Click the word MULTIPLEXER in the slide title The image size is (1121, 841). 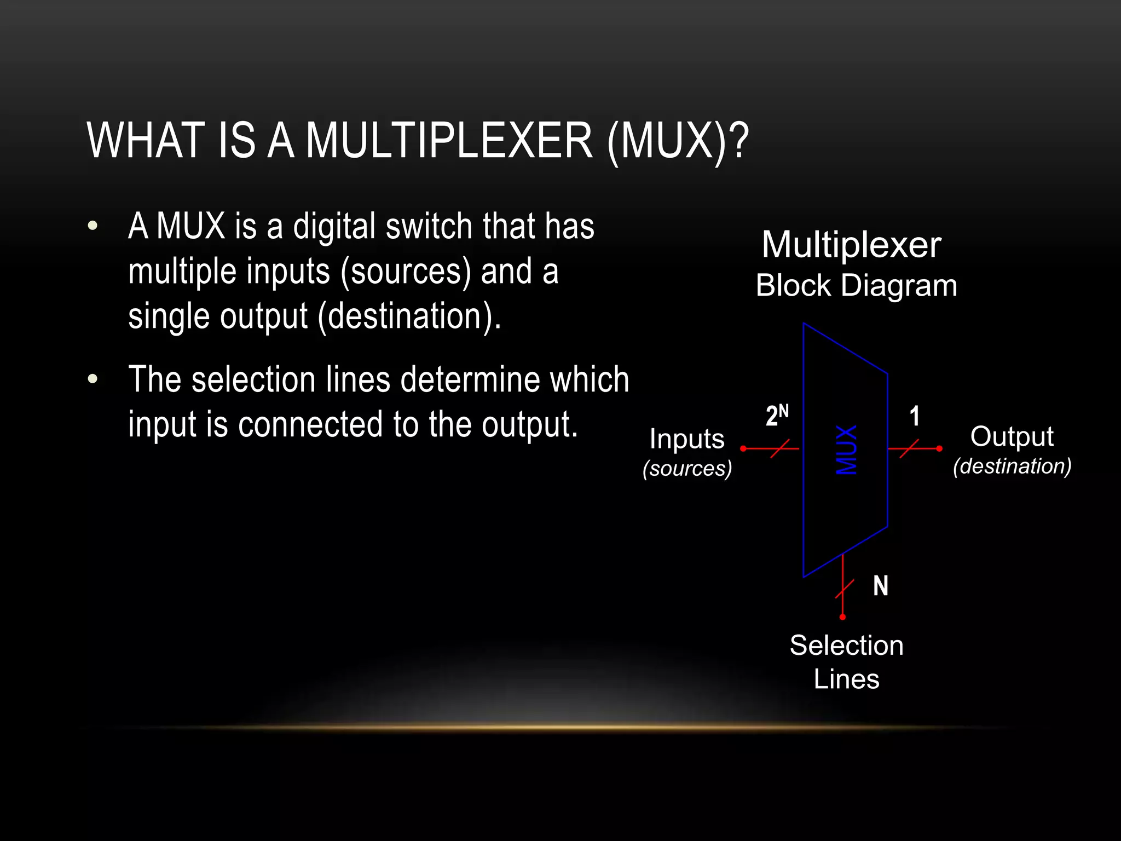coord(449,141)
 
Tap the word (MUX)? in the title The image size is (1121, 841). coord(678,141)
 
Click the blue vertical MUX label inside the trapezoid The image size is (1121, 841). coord(846,450)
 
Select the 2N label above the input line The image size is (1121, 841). coord(777,416)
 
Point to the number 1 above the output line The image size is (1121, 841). coord(914,417)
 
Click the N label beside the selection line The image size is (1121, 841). coord(880,586)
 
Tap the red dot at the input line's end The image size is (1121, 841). coord(743,448)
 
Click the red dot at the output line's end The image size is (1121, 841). coord(939,448)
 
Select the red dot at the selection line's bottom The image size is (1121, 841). coord(842,617)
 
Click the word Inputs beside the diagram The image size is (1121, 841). coord(687,439)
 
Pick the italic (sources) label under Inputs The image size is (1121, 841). coord(687,469)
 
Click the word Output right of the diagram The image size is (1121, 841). coord(1012,437)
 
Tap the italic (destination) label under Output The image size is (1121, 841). coord(1012,466)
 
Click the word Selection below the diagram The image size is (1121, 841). coord(846,646)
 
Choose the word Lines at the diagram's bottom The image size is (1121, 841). coord(846,679)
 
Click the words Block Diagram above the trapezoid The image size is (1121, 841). coord(856,286)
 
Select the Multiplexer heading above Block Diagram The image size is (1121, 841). coord(851,245)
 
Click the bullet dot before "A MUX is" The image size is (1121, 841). coord(93,226)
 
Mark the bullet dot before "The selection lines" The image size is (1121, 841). coord(93,379)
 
